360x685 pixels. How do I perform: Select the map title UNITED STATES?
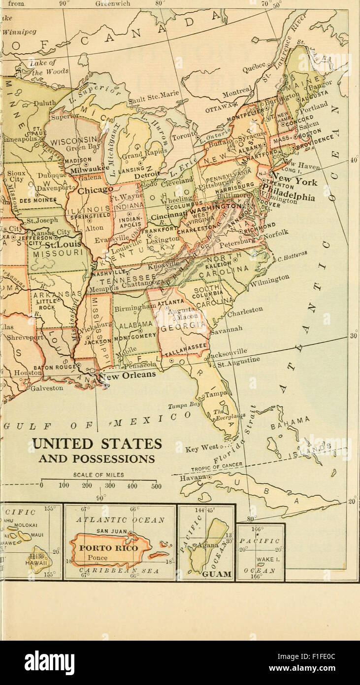97,444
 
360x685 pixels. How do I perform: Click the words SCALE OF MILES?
98,475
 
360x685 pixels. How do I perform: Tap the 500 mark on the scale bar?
156,486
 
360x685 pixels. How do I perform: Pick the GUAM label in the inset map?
217,574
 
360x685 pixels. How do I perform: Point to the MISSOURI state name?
55,252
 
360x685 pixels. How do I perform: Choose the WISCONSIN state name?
75,140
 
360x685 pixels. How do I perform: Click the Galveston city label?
47,388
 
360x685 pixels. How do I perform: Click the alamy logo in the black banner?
49,662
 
